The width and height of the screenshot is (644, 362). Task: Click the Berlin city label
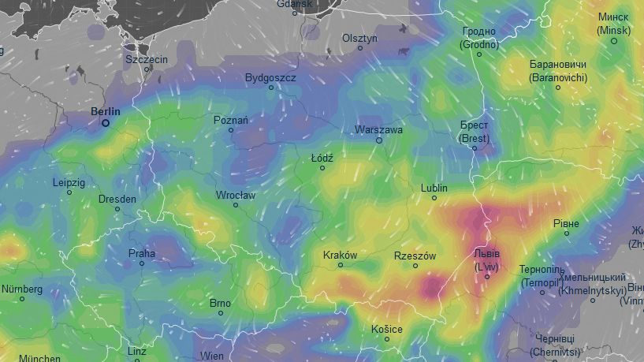[x=106, y=112]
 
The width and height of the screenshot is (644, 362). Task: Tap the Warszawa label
[x=378, y=129]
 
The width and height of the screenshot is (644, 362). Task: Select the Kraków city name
[x=341, y=255]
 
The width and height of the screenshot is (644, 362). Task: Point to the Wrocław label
[x=235, y=195]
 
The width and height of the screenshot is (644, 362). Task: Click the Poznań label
[x=231, y=120]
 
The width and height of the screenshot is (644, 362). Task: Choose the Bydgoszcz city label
[x=270, y=78]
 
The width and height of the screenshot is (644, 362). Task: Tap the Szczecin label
[x=147, y=59]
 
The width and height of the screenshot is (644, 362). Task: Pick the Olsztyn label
[x=360, y=38]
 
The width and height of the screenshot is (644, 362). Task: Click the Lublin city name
[x=434, y=188]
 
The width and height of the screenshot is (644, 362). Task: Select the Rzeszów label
[x=415, y=256]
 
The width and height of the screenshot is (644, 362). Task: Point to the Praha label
[x=142, y=253]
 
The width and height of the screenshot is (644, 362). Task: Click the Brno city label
[x=220, y=303]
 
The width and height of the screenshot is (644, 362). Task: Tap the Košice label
[x=386, y=329]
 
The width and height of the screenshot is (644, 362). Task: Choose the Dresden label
[x=117, y=199]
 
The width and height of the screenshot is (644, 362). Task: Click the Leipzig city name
[x=69, y=182]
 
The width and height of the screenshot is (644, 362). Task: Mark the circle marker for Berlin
[x=105, y=123]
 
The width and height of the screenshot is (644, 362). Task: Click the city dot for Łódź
[x=322, y=168]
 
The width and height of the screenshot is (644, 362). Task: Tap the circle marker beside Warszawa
[x=378, y=140]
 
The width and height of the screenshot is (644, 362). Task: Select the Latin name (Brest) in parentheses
[x=475, y=139]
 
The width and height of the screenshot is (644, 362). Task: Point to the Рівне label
[x=566, y=224]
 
